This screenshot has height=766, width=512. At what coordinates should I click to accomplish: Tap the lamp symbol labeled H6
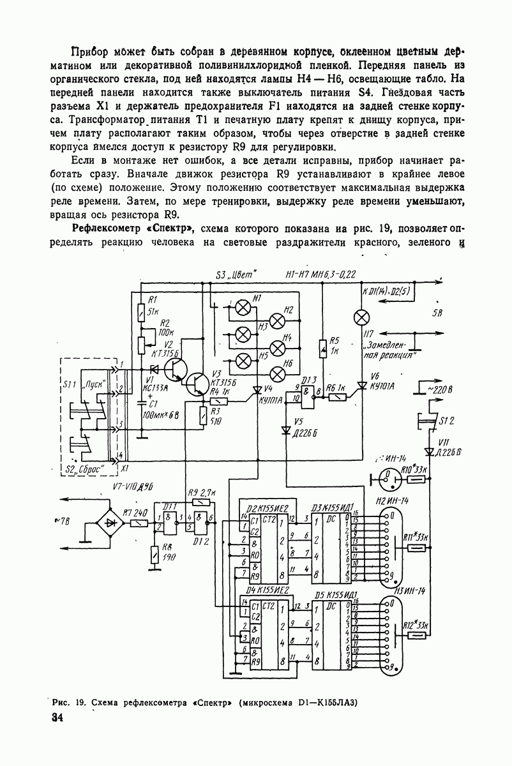pos(278,373)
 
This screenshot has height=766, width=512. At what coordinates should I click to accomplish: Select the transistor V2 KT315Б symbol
pos(173,370)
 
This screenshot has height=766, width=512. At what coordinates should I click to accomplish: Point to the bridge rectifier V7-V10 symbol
pos(113,522)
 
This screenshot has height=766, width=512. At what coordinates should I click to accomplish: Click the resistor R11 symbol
pos(417,548)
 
